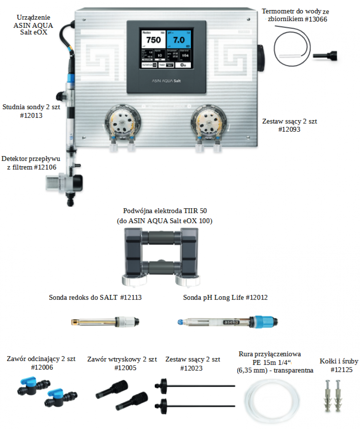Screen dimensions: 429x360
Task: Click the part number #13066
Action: click(x=315, y=19)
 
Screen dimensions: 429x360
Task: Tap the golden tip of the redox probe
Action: click(x=76, y=322)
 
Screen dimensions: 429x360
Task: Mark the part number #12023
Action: click(x=193, y=368)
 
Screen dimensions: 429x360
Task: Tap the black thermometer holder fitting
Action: click(x=326, y=55)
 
